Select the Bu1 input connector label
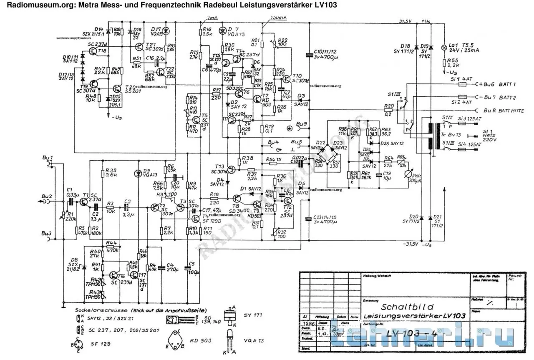(x=48, y=158)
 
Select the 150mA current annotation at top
(x=278, y=18)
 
